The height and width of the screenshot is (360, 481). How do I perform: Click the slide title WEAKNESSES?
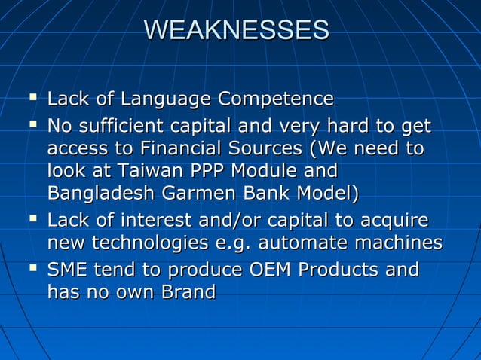click(236, 30)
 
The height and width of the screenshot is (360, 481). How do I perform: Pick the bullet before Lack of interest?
click(31, 219)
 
